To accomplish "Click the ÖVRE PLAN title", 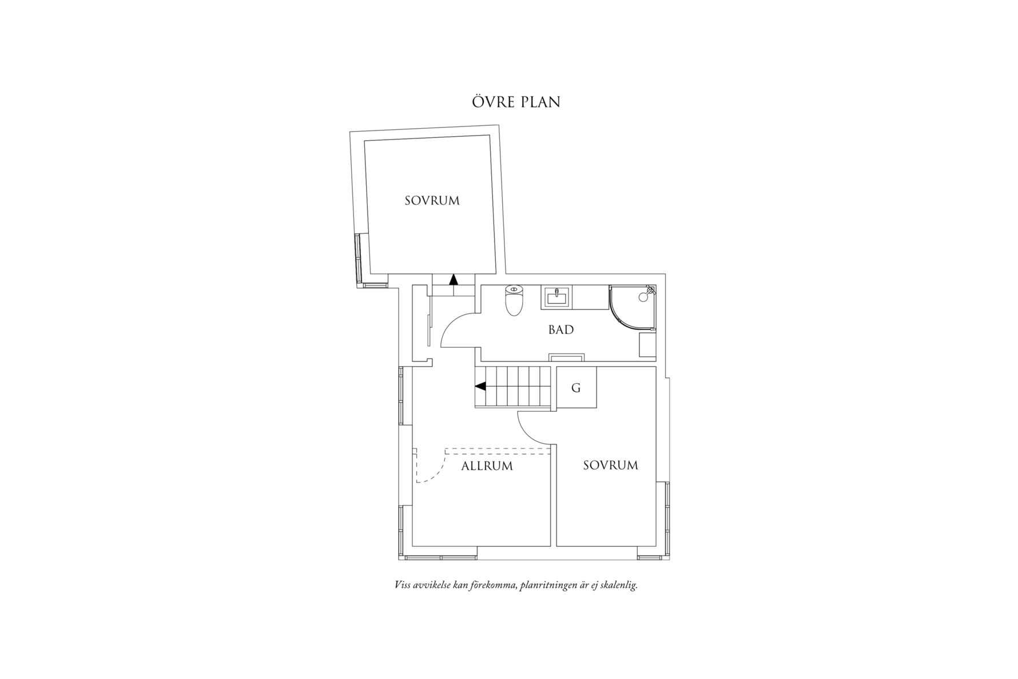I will coord(516,102).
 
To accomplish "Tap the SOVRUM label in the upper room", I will coord(432,201).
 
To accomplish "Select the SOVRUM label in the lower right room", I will coord(610,466).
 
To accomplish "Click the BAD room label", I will coord(560,330).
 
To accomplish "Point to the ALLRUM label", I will coord(487,466).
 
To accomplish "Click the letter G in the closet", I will coord(576,388).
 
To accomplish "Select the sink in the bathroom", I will coord(555,297).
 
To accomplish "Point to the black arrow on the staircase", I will coord(480,387).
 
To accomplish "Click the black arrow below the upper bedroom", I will coord(454,279).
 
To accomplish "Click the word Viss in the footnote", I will coord(403,585).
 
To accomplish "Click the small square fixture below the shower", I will coord(647,346).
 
